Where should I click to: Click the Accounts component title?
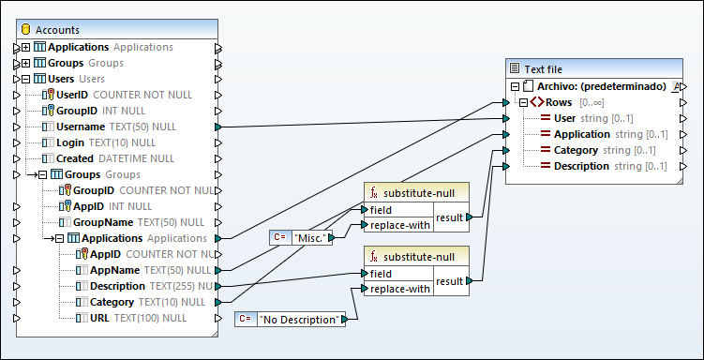tap(58, 30)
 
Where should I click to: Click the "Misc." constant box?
tap(312, 238)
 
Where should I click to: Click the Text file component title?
tap(544, 68)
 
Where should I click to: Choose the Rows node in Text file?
tap(559, 102)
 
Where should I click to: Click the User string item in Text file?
tap(564, 118)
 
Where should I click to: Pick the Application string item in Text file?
tap(582, 134)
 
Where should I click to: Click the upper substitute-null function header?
tap(419, 191)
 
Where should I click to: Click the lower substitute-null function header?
tap(419, 257)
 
